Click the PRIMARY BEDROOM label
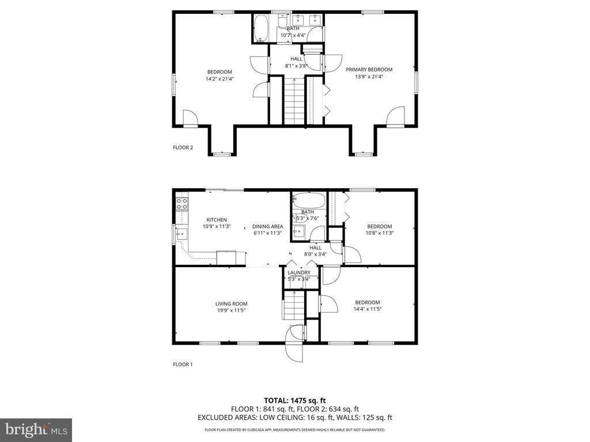coord(369,69)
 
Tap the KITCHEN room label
coord(217,219)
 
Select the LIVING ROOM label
coord(231,304)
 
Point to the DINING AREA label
coord(267,226)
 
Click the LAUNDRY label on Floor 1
coord(299,272)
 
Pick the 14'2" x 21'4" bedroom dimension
coord(220,79)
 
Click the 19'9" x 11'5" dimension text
coord(231,311)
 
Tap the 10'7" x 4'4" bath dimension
coord(293,35)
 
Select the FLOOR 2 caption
coord(183,147)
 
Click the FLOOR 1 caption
coord(183,364)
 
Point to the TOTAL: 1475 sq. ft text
coord(295,400)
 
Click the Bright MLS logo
coord(36,429)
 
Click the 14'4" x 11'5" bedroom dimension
coord(368,309)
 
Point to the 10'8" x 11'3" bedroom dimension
coord(380,233)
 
